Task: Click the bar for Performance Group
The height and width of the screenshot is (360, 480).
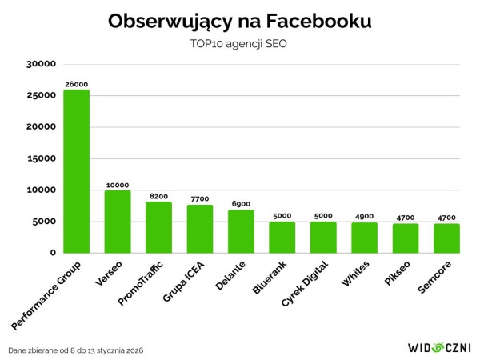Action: (x=76, y=171)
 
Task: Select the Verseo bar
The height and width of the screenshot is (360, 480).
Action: (x=118, y=222)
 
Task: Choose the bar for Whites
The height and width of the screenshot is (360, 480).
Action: (x=365, y=238)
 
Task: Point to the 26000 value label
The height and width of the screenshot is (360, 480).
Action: (x=76, y=84)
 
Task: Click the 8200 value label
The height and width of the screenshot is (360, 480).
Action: (x=158, y=196)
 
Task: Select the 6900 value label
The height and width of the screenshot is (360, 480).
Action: (x=241, y=204)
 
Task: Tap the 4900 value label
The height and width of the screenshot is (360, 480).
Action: (x=365, y=217)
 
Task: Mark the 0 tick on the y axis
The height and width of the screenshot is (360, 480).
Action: (x=51, y=253)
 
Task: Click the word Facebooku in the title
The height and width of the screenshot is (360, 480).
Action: (x=314, y=20)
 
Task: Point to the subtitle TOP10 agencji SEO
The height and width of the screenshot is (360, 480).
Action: (x=239, y=43)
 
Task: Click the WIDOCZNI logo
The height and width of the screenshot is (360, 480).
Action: (x=438, y=348)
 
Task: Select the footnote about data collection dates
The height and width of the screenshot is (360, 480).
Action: (x=76, y=350)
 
